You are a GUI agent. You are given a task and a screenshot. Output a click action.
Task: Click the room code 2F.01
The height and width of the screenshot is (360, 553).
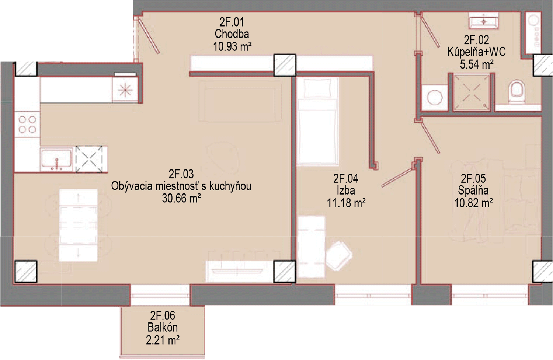232,22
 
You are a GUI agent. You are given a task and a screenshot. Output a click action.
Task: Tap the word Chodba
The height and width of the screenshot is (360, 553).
232,34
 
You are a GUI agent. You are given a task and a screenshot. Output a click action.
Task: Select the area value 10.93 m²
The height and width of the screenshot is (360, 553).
232,46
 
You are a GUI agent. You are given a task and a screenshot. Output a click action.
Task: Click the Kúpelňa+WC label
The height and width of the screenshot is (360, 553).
476,52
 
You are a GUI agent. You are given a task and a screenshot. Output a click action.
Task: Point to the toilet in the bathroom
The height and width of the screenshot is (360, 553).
517,91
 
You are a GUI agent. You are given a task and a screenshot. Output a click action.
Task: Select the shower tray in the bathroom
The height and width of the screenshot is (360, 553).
472,92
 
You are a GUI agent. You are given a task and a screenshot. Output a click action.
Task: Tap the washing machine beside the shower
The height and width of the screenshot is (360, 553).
435,98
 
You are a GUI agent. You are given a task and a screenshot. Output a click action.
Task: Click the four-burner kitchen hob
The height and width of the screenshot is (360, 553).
27,124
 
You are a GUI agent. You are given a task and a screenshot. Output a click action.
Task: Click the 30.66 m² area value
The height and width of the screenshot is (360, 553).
181,198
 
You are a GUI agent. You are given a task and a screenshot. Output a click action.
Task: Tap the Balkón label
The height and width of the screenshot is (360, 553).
163,328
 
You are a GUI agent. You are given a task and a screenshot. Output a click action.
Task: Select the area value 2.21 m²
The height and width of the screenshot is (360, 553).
163,340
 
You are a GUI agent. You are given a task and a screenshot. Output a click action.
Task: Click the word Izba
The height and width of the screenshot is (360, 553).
346,190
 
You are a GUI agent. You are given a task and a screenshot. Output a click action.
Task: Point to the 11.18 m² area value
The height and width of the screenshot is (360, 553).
346,203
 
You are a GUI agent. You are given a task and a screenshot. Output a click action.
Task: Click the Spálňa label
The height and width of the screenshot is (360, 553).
473,190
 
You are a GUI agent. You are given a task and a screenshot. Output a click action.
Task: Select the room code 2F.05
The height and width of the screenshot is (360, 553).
473,178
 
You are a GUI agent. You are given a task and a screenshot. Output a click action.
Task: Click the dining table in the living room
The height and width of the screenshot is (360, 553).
78,225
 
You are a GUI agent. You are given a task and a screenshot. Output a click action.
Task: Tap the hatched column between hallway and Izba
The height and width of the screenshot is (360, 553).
285,65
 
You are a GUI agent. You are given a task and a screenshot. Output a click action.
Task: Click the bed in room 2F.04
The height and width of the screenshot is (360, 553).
317,121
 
